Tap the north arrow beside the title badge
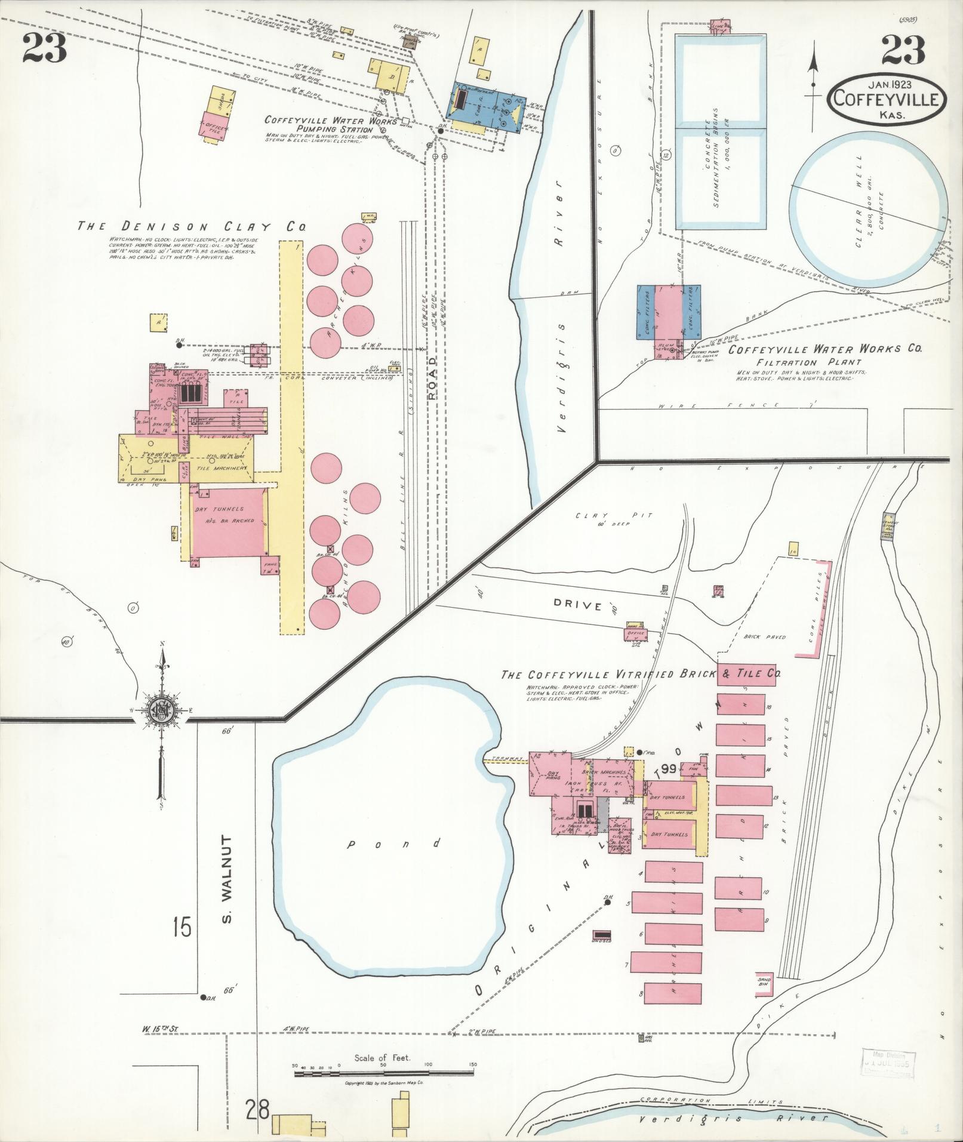(x=813, y=90)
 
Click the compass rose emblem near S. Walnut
(x=160, y=710)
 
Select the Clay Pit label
(x=614, y=516)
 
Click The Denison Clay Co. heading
(x=192, y=227)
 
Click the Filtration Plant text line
(x=808, y=362)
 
